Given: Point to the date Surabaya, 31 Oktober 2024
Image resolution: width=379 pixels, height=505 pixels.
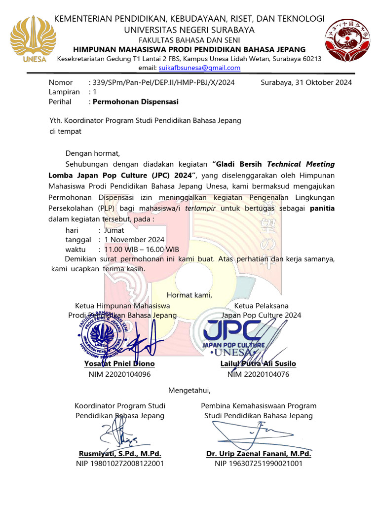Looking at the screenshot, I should pos(306,82).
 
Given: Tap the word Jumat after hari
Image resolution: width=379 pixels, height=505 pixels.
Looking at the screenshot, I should pos(114,230).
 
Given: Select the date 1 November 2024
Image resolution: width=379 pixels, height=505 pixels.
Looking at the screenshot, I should pos(134,240).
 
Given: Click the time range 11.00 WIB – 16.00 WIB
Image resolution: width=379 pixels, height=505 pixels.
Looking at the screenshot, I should pos(142,250).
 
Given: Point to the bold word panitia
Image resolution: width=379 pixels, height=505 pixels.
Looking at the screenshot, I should pos(322,208).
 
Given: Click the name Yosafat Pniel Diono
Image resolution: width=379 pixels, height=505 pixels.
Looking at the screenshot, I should pos(119,363).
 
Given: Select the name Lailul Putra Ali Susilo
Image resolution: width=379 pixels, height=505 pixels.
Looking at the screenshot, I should pos(258,363).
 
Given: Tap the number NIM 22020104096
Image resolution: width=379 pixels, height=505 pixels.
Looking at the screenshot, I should pos(119,374).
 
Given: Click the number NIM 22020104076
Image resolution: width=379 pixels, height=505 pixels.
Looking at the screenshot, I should pos(258,374).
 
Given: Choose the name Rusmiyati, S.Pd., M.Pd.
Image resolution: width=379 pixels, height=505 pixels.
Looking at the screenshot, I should pos(120,454).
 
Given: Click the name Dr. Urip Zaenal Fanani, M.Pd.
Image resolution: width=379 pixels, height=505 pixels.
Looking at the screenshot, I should pos(259,454).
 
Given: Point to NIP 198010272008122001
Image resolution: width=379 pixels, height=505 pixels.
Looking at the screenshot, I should pos(120,464).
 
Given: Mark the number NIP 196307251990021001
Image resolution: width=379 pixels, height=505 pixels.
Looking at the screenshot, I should pos(259,464).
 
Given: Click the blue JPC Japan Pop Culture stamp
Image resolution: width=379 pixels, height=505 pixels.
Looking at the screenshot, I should pos(234,335).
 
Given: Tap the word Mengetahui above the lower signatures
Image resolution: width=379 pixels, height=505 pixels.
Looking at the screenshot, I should pos(189,391).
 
